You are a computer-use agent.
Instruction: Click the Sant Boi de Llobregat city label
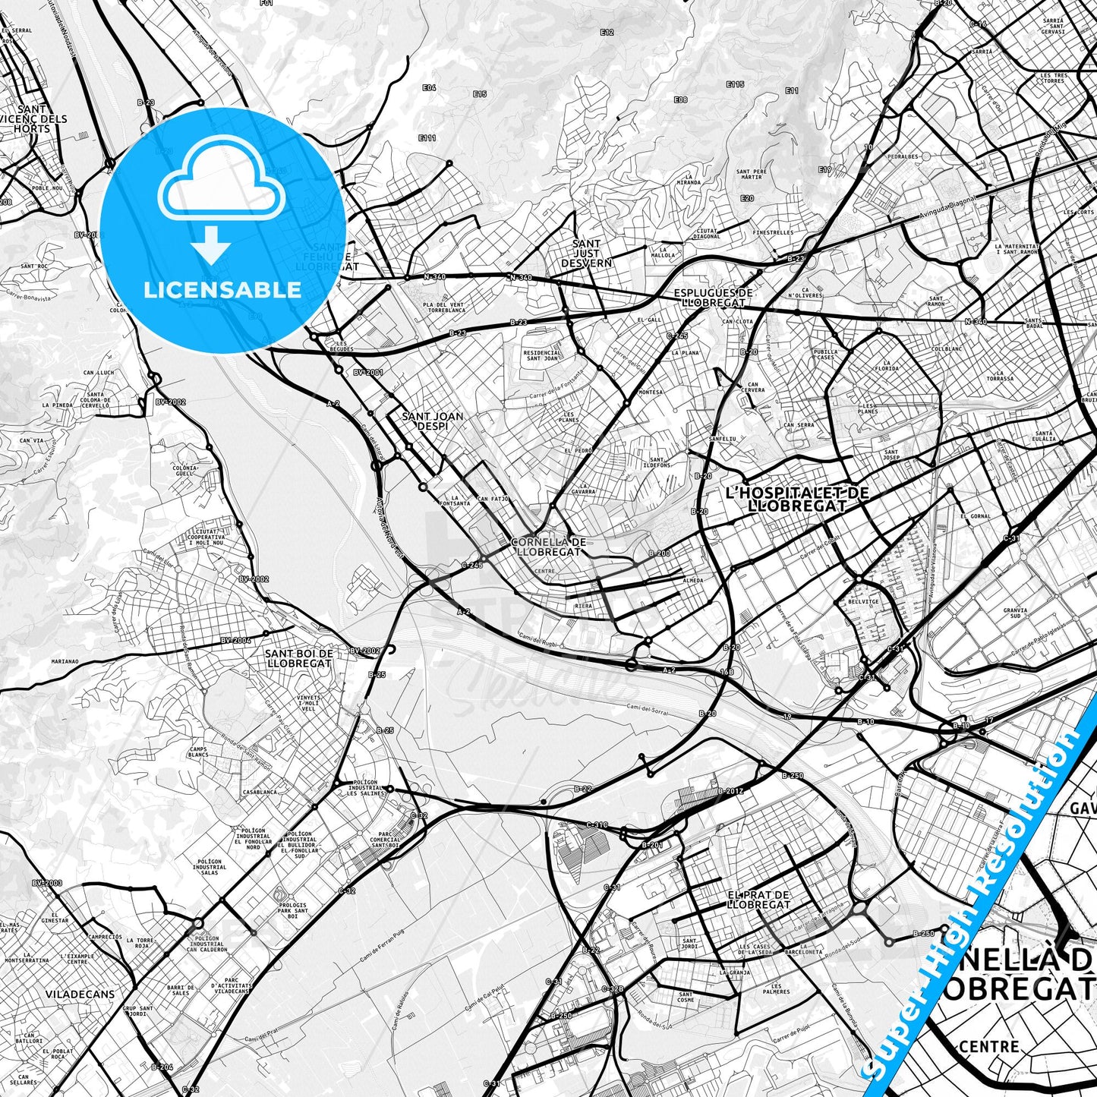click(x=300, y=657)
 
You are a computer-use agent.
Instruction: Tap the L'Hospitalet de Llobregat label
click(x=796, y=499)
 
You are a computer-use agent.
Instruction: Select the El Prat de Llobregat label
click(x=758, y=900)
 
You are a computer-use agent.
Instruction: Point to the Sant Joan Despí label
click(x=432, y=421)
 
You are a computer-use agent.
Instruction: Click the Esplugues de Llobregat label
click(x=713, y=297)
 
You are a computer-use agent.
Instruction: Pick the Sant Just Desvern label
click(x=586, y=253)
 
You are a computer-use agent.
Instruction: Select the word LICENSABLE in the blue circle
click(x=222, y=289)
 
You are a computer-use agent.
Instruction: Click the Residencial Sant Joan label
click(x=542, y=355)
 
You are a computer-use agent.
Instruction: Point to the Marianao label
click(x=65, y=661)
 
